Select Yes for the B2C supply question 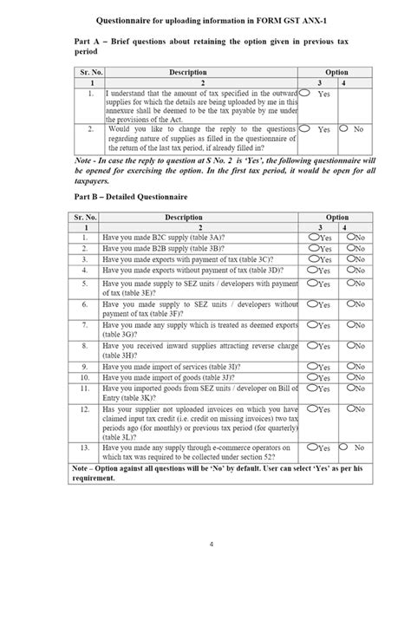click(x=310, y=236)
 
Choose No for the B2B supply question click(x=349, y=247)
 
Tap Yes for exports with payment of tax click(x=310, y=258)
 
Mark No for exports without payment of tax click(x=349, y=270)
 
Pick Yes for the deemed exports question click(x=310, y=325)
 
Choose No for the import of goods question click(x=349, y=378)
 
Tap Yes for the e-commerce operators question click(x=310, y=447)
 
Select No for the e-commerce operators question click(x=344, y=447)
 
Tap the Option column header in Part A click(x=336, y=73)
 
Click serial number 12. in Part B click(x=85, y=409)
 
